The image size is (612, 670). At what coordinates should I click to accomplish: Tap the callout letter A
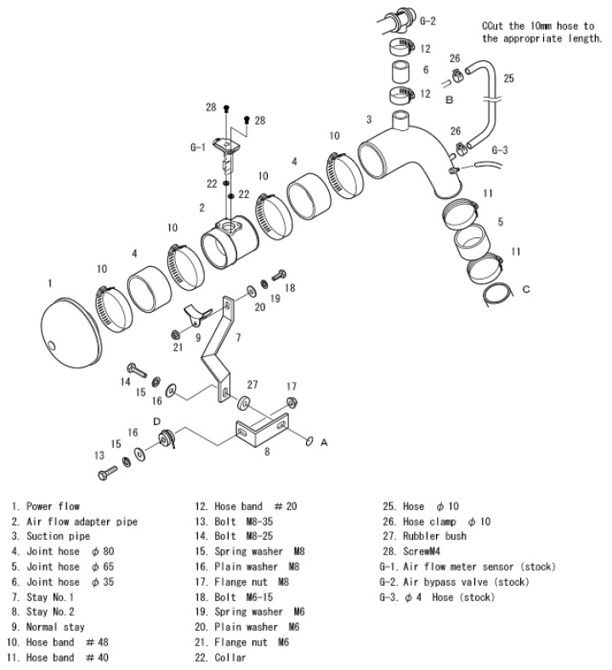pos(324,442)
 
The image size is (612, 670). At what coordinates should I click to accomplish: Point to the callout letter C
pos(525,289)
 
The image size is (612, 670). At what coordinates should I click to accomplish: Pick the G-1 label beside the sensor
pos(197,147)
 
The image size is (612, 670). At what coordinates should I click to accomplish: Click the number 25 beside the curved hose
pos(508,79)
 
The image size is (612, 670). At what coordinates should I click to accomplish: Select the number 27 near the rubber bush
pos(252,385)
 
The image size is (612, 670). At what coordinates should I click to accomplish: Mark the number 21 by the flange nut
pos(178,347)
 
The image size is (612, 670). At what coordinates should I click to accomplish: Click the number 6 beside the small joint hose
pos(425,70)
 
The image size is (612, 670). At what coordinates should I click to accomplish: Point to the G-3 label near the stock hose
pos(501,151)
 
